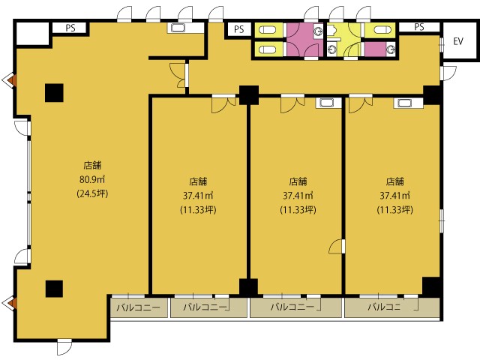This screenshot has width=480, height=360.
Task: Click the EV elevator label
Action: point(458,41)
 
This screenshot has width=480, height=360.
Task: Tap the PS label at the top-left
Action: point(70,28)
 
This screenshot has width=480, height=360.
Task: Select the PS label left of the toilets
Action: point(238,29)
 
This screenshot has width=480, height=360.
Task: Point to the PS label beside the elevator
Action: point(419,27)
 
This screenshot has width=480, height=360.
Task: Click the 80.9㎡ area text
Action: point(92,179)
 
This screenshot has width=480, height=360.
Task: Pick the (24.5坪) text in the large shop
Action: point(92,193)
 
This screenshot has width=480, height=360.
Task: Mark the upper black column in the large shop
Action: point(54,93)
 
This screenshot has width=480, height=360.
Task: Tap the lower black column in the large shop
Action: point(54,289)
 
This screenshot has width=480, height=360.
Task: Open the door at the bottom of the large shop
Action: point(64,346)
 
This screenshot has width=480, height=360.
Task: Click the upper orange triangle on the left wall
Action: point(11,81)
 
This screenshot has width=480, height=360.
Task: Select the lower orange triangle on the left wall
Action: point(11,303)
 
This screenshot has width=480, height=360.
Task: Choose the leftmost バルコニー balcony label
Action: point(139,307)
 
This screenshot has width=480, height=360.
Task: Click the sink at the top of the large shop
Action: point(178,28)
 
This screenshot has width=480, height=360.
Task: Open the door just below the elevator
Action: point(448,73)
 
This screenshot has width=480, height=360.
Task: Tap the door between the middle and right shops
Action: point(337,246)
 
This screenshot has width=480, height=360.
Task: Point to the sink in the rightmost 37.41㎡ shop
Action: point(405,103)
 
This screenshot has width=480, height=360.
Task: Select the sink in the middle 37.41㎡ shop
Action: point(327,103)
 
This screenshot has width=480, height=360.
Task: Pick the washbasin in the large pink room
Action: point(318,31)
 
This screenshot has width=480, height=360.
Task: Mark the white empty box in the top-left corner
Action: point(32,33)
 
